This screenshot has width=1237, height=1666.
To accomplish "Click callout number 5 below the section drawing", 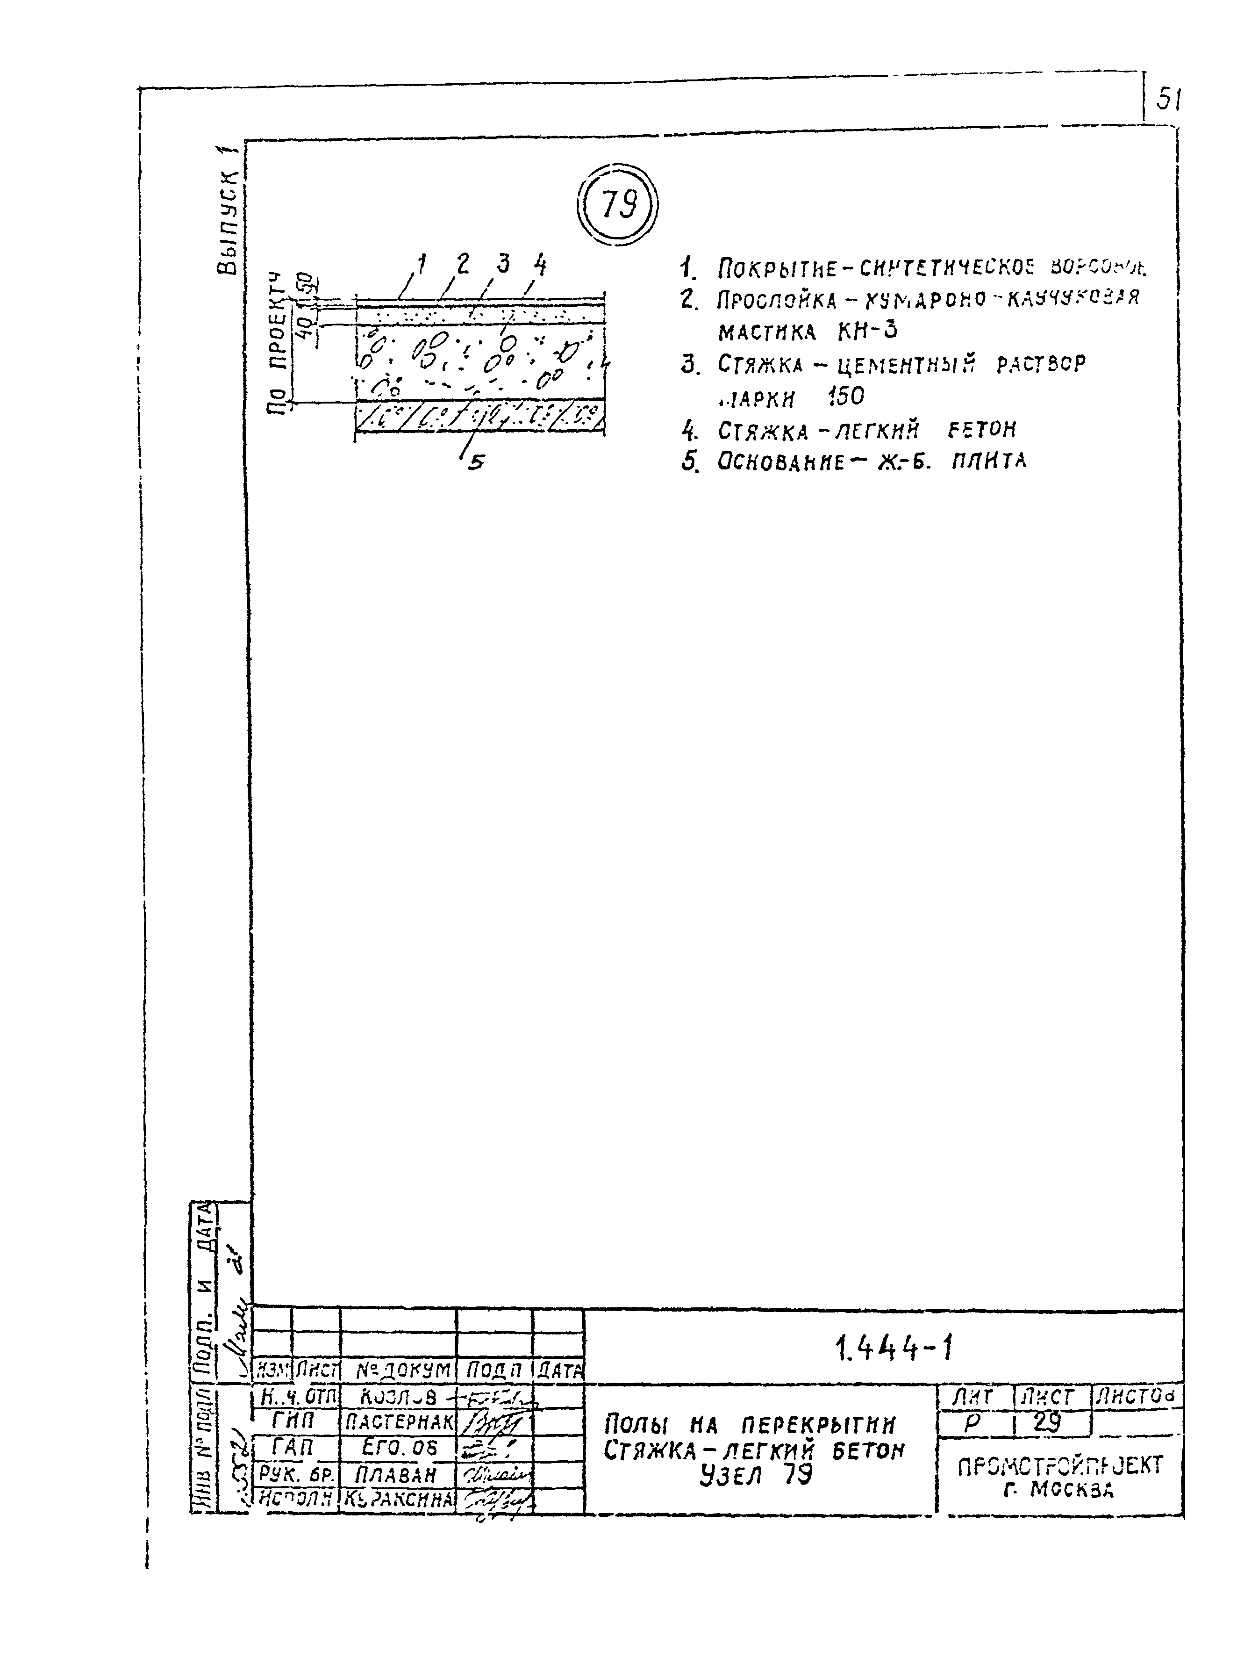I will click(x=475, y=464).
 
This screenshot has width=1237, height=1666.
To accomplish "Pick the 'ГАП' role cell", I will click(x=293, y=1447).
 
